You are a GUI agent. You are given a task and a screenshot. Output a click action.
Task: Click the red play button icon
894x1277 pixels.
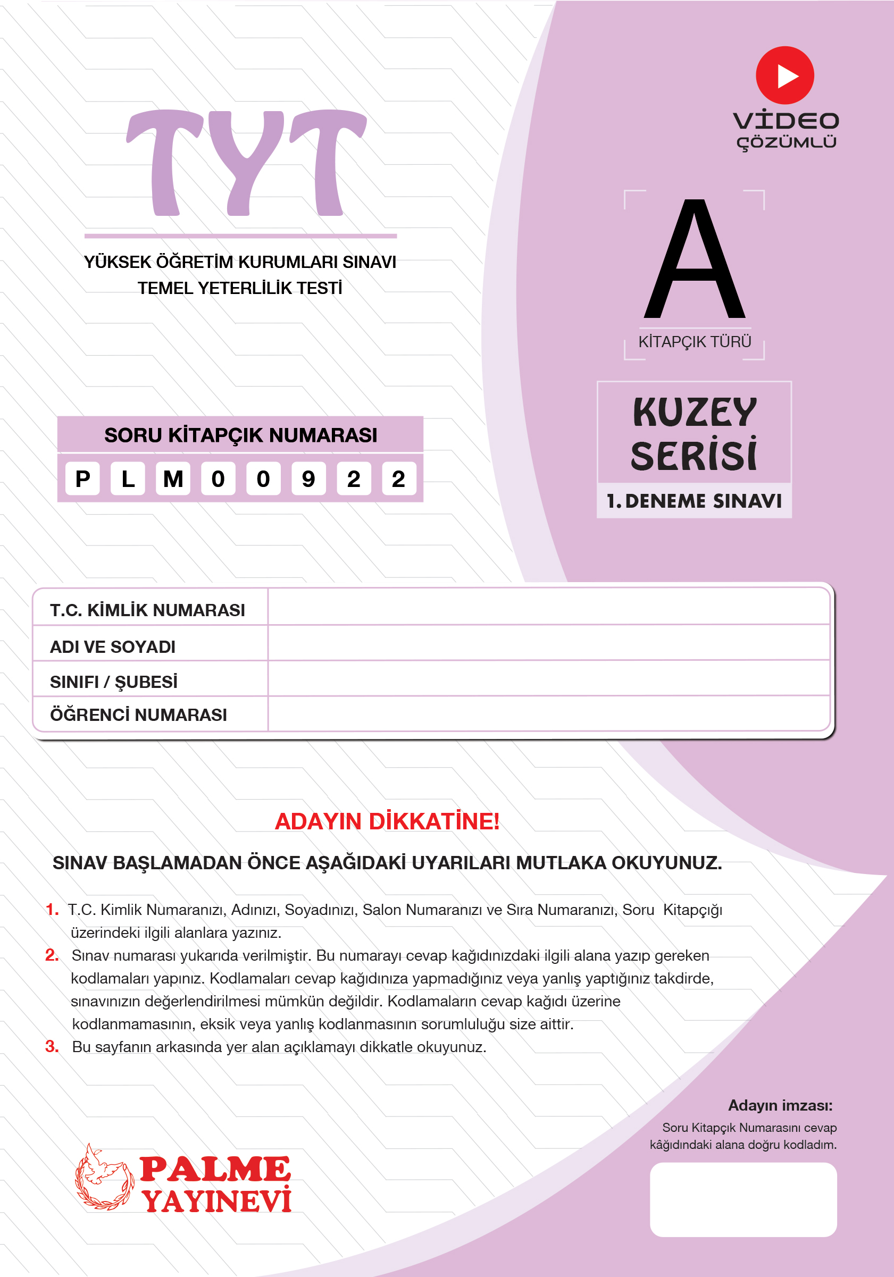click(784, 75)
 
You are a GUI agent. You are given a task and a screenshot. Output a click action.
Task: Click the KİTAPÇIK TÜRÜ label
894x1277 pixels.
click(694, 341)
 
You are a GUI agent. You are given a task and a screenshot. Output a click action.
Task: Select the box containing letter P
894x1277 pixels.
click(82, 478)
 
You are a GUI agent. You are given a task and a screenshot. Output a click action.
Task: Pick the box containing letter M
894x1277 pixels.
click(173, 478)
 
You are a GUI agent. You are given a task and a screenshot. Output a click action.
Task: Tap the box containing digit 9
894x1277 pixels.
click(308, 478)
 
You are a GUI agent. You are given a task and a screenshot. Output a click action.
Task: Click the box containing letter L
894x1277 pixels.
click(128, 478)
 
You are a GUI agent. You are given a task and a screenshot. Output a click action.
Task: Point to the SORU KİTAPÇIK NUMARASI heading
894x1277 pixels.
click(240, 435)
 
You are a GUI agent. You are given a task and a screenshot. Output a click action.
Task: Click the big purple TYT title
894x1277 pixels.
click(246, 162)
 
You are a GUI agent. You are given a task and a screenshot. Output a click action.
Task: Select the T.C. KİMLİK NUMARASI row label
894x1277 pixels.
click(147, 610)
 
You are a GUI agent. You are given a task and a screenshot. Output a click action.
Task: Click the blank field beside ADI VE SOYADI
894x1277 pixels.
click(548, 643)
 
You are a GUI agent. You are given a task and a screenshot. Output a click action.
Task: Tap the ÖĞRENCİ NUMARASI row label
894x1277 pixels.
click(138, 715)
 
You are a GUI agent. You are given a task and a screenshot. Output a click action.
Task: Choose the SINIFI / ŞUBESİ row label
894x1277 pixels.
click(113, 682)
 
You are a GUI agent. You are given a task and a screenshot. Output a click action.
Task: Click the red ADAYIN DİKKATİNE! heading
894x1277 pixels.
click(387, 821)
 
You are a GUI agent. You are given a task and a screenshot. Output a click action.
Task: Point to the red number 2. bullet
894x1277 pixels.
click(52, 955)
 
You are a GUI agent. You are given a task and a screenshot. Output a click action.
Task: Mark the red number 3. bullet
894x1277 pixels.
click(52, 1046)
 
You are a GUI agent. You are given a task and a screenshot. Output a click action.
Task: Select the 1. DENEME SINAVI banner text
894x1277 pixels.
click(694, 501)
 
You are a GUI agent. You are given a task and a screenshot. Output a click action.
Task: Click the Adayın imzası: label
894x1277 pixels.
click(780, 1105)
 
